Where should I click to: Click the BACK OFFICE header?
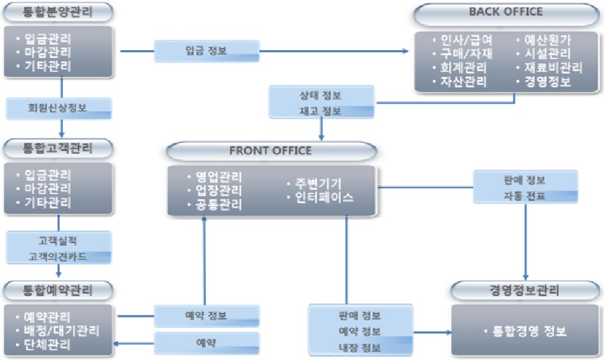click(x=505, y=12)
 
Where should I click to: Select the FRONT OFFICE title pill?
click(x=271, y=152)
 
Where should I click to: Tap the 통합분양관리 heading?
click(x=58, y=11)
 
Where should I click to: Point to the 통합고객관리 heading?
click(x=58, y=148)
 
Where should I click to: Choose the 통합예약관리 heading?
click(x=58, y=290)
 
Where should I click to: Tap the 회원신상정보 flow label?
click(x=59, y=107)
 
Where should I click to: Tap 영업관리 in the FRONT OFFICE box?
click(x=218, y=177)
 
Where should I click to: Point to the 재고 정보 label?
click(x=322, y=111)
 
